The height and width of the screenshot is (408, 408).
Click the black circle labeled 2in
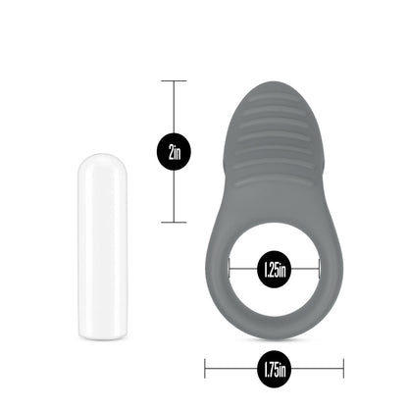174,151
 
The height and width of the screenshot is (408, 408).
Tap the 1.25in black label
274,267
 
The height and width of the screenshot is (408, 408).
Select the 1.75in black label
274,370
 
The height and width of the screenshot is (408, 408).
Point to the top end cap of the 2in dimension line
174,80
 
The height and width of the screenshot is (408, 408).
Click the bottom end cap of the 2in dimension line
174,223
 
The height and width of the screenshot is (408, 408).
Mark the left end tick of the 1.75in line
205,370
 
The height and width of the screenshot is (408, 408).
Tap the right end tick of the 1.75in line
343,370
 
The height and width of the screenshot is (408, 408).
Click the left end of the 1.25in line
230,267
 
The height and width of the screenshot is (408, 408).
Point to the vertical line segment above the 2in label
174,108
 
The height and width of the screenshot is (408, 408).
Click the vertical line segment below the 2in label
174,196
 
